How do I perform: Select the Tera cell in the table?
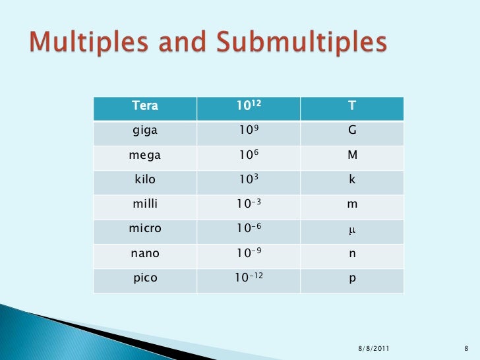pos(145,105)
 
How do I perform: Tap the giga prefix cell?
pos(145,131)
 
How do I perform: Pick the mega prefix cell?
pos(145,156)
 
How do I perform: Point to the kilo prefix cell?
pos(145,180)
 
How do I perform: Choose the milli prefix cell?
pos(145,204)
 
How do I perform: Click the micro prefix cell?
pos(145,229)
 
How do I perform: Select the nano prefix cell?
pos(145,253)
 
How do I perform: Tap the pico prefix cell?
pos(145,278)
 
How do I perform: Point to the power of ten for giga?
pos(248,131)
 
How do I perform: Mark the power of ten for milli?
pos(248,204)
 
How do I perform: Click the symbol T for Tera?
pos(352,105)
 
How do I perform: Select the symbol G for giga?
pos(352,131)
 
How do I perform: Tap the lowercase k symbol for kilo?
pos(352,180)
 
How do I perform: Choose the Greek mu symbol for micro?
pos(352,230)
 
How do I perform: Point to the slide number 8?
pos(466,348)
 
